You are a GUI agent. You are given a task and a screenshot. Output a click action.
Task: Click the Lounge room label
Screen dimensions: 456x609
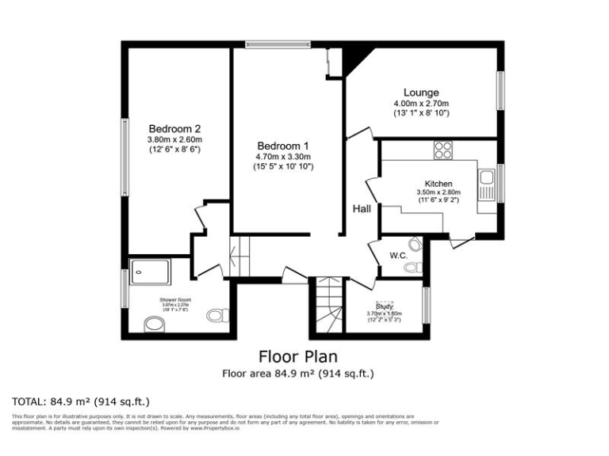(421, 93)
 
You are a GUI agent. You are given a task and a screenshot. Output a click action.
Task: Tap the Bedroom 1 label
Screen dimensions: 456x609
(283, 146)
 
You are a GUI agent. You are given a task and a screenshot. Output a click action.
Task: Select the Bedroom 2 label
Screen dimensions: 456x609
(174, 128)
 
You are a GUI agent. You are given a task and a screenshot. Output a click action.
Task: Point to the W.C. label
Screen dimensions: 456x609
(398, 255)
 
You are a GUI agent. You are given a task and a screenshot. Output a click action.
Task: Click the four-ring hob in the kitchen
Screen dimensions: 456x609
(442, 150)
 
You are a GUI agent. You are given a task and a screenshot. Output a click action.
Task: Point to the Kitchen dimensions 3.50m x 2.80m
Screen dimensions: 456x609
(439, 192)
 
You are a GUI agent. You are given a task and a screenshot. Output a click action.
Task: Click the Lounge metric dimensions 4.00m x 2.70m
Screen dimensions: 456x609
(421, 104)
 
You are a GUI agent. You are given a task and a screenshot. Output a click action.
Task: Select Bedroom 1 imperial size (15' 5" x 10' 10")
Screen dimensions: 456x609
(283, 167)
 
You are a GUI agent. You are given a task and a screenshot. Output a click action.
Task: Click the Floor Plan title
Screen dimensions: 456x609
(298, 356)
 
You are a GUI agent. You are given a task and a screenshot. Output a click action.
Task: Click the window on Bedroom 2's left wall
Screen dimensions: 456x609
(124, 158)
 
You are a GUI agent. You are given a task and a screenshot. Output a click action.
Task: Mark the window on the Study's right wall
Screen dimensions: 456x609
(426, 304)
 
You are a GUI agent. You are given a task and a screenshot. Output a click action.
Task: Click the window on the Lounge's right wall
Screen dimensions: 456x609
(500, 89)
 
